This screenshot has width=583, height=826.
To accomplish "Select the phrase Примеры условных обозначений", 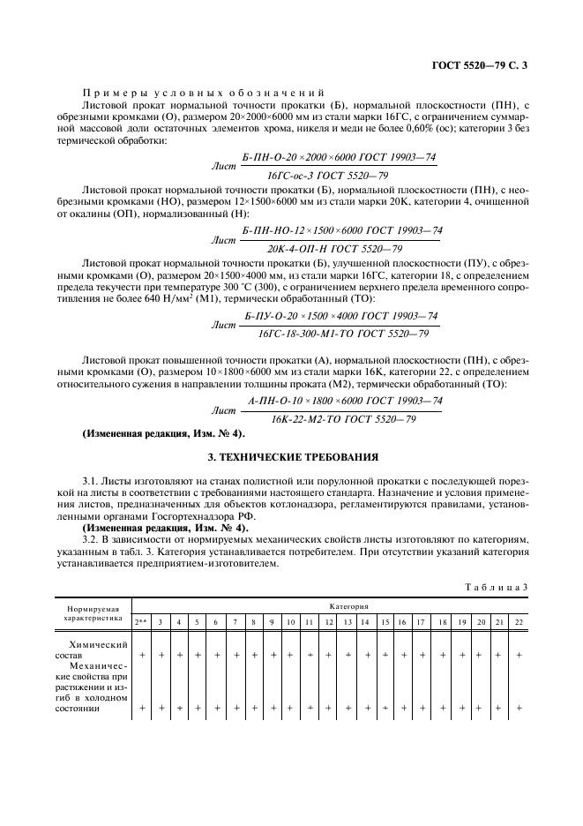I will click(203, 93).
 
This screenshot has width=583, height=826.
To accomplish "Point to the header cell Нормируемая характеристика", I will click(93, 614).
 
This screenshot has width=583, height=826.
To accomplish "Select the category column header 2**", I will click(141, 622).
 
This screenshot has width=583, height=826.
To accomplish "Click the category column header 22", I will click(518, 622).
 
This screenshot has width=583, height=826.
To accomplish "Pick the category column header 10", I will click(290, 622).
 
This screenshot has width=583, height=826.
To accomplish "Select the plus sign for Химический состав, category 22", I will click(518, 655).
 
